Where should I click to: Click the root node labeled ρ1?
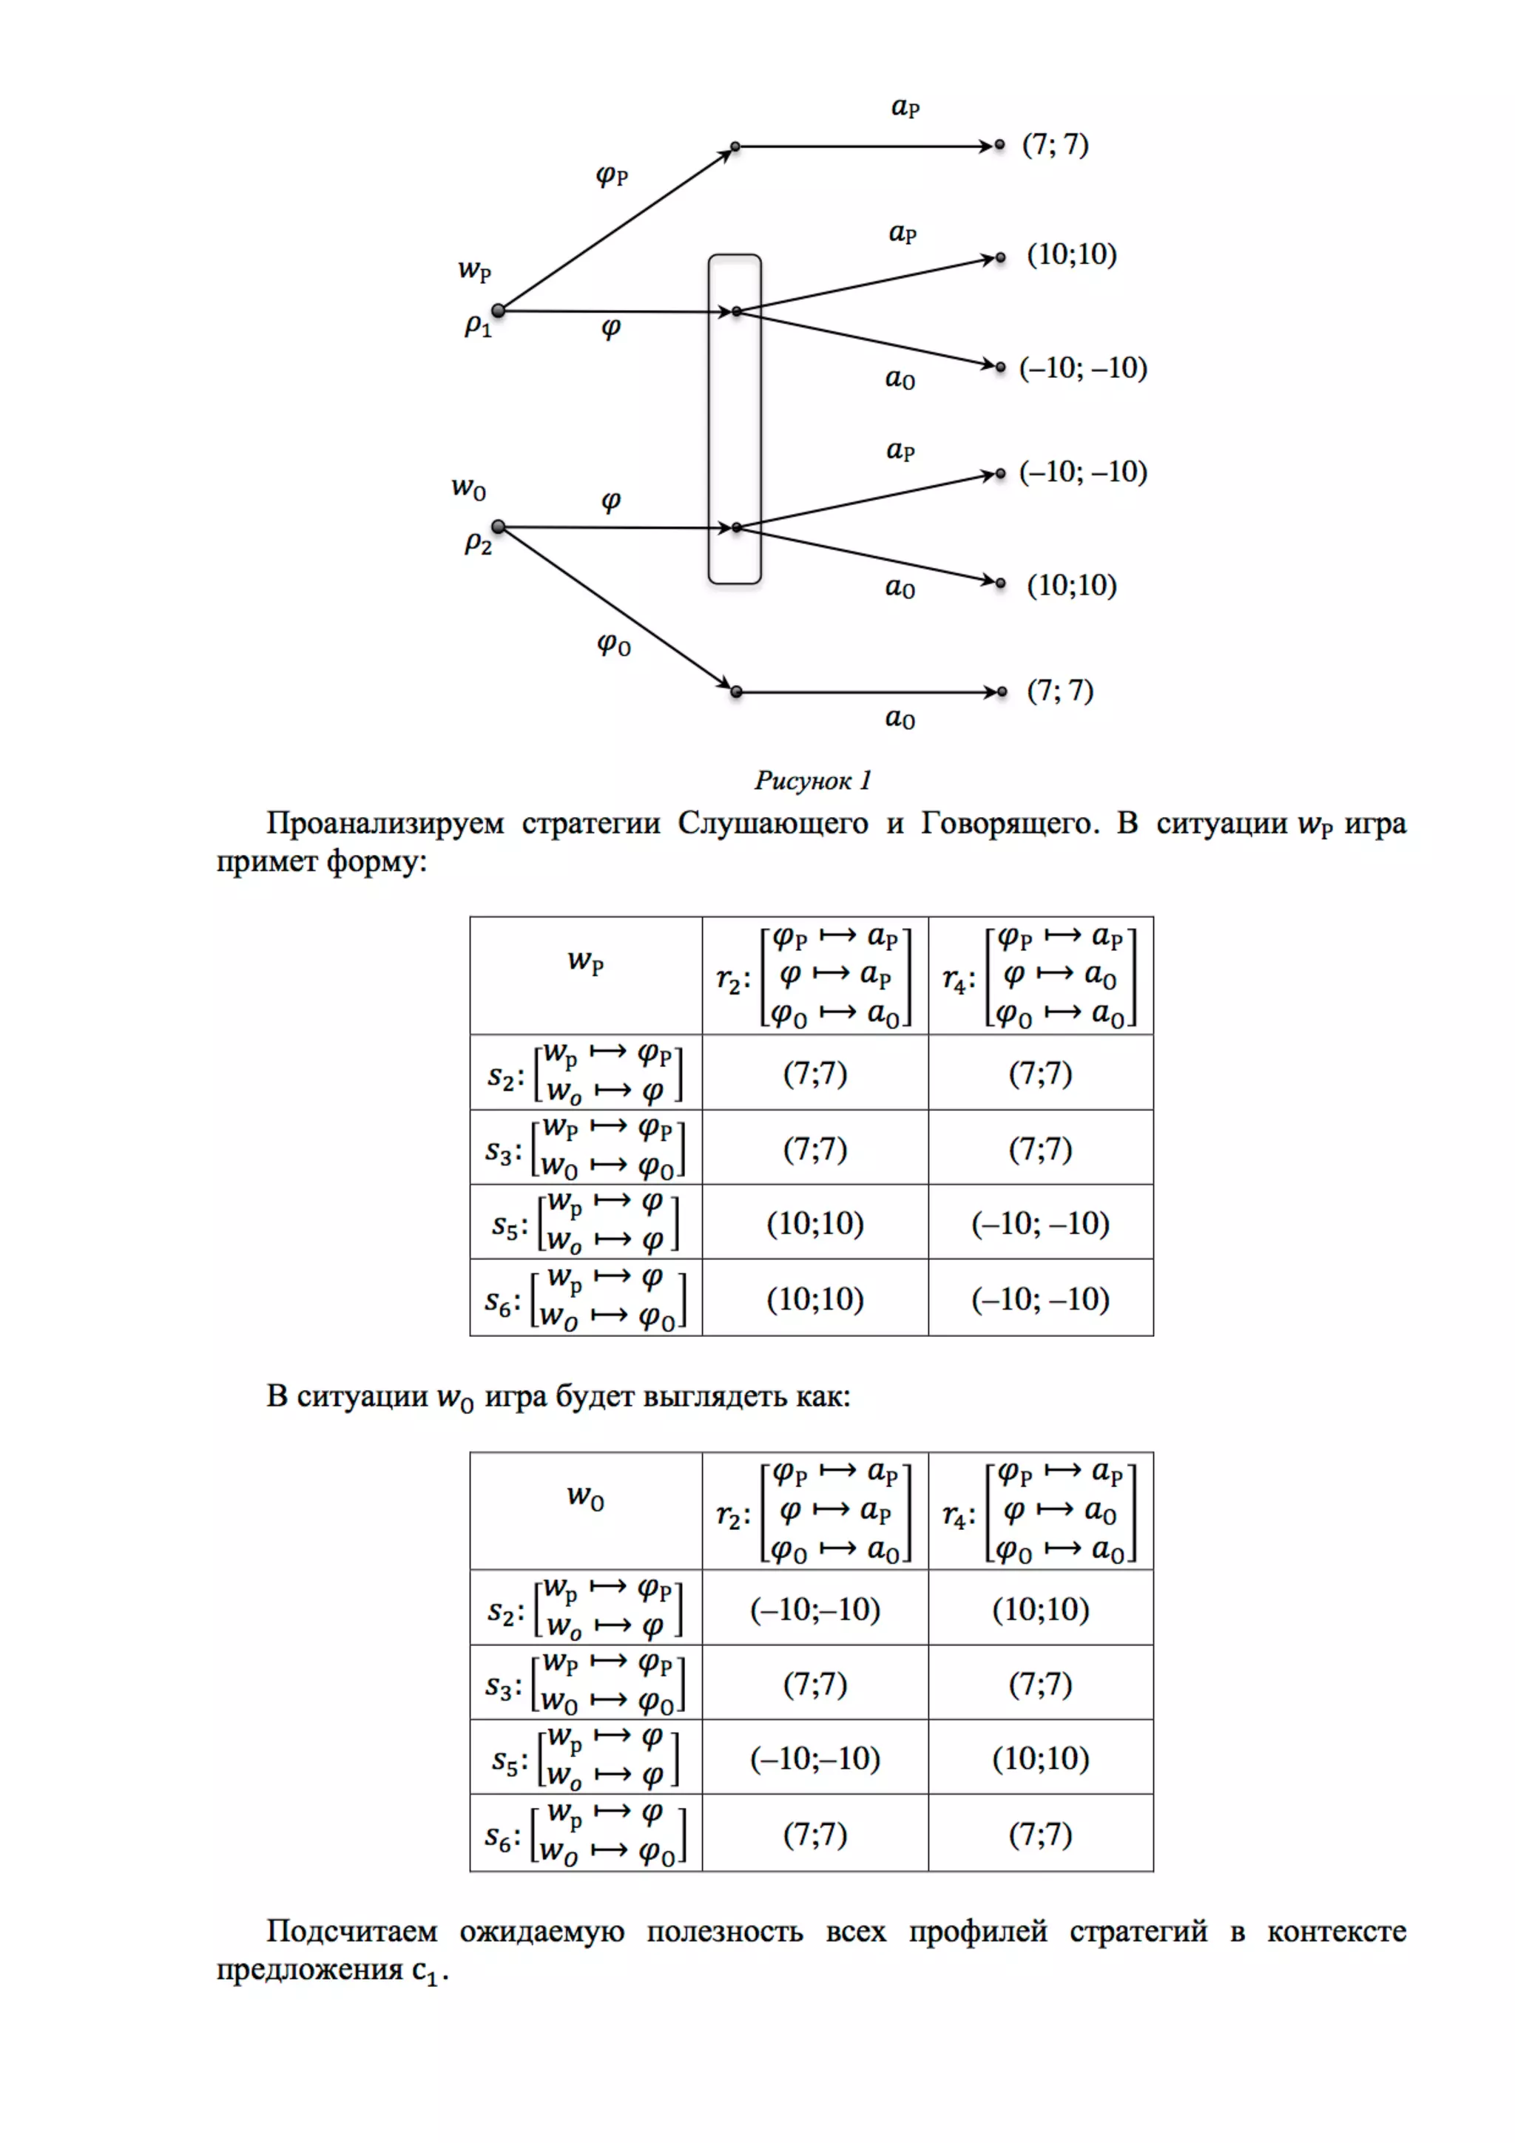499,310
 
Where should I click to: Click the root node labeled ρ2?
499,527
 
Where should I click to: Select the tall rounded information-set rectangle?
735,420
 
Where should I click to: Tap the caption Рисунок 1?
812,780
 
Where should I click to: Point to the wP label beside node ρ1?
474,271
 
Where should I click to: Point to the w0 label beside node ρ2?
468,487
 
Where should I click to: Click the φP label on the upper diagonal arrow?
613,175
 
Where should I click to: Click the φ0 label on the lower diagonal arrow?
613,643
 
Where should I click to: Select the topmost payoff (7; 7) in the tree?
1055,145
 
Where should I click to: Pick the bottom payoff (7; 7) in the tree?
1059,691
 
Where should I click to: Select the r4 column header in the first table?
1040,975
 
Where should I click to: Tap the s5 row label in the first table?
585,1222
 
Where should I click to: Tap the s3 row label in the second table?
585,1683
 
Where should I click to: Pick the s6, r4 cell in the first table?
1040,1299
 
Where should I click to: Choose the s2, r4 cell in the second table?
1040,1609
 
